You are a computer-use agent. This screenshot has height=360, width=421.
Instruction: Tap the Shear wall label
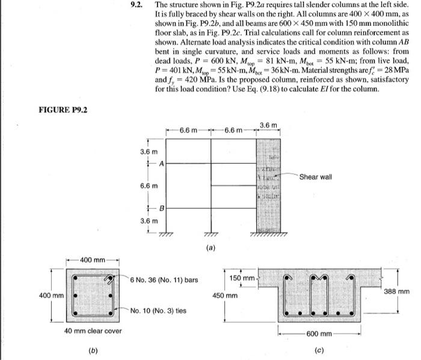tap(315, 176)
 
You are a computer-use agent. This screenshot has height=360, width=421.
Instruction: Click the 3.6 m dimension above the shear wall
tap(269, 125)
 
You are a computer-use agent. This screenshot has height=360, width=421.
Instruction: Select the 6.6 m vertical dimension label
tap(149, 186)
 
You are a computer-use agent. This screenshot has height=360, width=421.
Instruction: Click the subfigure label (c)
tap(317, 349)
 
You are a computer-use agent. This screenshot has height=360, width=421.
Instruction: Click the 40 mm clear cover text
tap(93, 331)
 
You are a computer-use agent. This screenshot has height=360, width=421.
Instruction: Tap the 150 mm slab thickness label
tap(242, 278)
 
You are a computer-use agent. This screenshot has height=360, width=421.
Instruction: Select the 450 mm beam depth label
tap(224, 296)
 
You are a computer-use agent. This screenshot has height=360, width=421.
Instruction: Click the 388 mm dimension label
tap(398, 291)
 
